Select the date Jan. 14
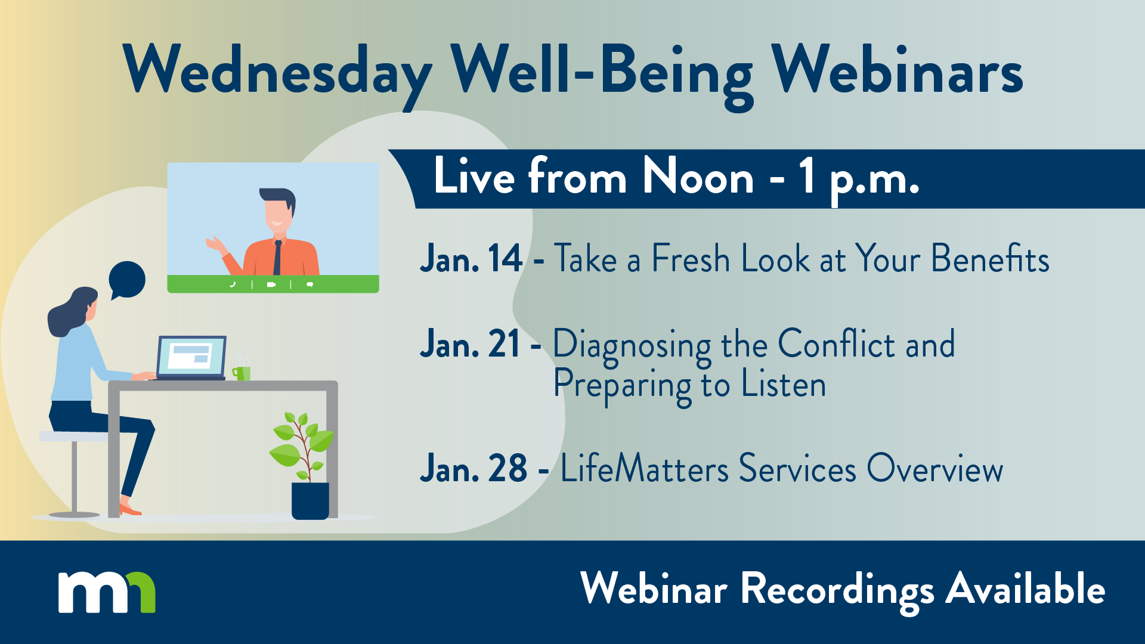pos(471,259)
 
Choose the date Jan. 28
pos(474,469)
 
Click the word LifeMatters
pos(644,469)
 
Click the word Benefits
pos(990,259)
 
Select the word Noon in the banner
pos(698,178)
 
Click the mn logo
pos(107,592)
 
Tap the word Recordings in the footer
pos(837,590)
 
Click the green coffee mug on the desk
pos(243,373)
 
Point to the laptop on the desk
pos(191,358)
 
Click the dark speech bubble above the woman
pos(127,279)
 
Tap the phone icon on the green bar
pos(233,284)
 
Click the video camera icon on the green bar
pos(271,284)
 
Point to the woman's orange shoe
pos(129,510)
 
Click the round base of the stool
pos(74,514)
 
